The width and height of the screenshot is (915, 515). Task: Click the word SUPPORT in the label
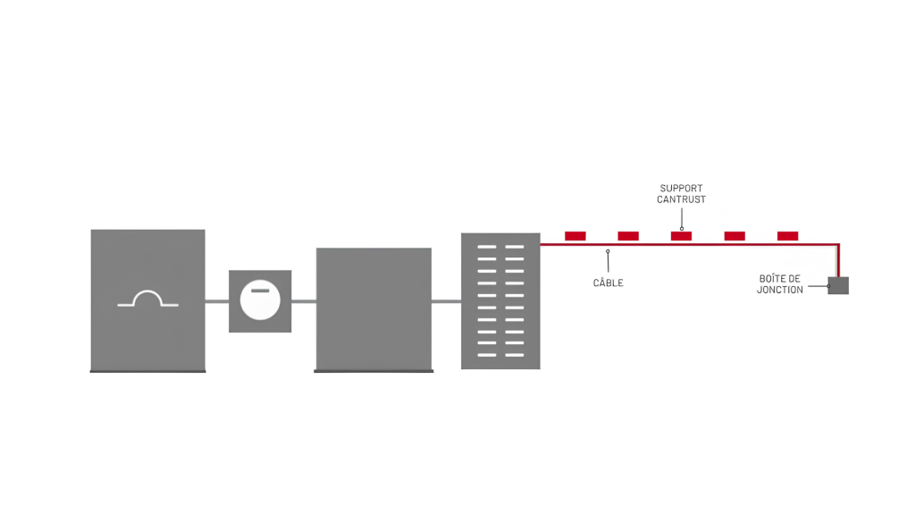[681, 188]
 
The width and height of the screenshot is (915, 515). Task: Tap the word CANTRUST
[681, 199]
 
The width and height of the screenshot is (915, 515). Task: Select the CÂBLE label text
[608, 283]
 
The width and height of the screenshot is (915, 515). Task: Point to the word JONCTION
[779, 290]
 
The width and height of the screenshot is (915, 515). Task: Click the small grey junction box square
[838, 285]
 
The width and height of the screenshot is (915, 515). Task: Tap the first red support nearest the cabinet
[575, 236]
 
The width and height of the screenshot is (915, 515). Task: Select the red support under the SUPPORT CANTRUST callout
[681, 236]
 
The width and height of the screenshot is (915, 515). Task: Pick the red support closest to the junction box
[787, 236]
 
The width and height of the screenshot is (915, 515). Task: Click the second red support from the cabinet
[628, 236]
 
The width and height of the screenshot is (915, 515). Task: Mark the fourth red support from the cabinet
[735, 236]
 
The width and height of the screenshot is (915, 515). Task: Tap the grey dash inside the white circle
[260, 291]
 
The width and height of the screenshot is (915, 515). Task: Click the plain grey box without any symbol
[374, 309]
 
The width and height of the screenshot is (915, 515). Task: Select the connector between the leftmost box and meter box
[216, 301]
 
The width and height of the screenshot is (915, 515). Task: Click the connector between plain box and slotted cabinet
[447, 301]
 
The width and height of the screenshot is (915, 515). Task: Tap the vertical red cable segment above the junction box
[838, 260]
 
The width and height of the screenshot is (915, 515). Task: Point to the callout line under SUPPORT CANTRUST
[682, 218]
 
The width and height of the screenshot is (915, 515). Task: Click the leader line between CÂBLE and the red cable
[608, 262]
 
